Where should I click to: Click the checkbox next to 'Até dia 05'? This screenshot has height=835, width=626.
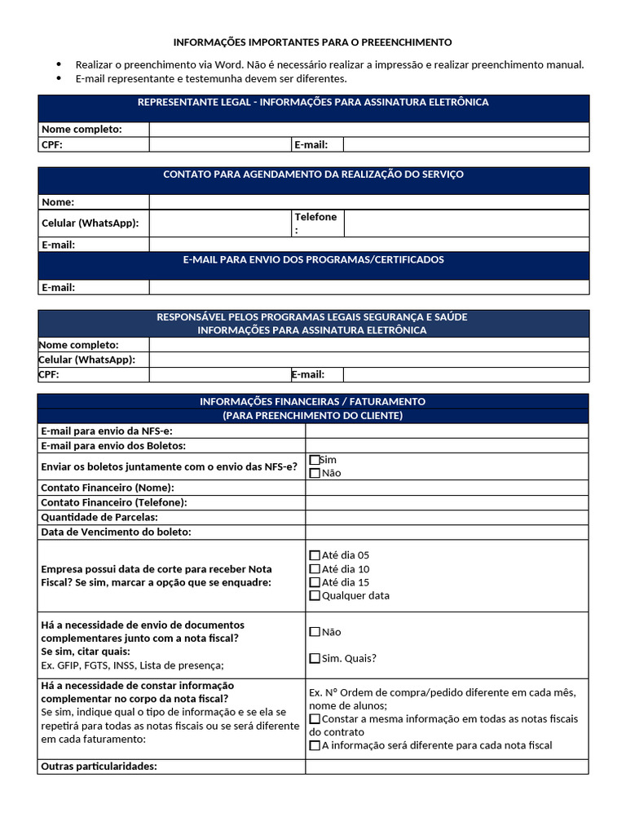[315, 555]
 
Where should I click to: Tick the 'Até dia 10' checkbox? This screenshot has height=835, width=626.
[315, 569]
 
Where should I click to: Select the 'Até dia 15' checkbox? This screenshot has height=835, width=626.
[315, 582]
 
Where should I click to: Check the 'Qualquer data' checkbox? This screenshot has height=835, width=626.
[315, 596]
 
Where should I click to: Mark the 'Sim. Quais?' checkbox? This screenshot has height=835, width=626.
[315, 659]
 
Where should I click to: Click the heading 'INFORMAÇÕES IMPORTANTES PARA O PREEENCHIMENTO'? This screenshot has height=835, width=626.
[312, 42]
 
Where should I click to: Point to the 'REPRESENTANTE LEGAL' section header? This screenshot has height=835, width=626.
[313, 103]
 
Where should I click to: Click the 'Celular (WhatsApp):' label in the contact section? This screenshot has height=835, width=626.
[90, 223]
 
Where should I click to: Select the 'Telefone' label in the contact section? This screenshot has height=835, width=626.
[315, 217]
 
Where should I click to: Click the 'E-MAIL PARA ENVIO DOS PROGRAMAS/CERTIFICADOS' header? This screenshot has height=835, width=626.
[313, 259]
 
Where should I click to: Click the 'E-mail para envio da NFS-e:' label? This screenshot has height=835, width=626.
[107, 431]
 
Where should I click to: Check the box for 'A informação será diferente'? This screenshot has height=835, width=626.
[315, 745]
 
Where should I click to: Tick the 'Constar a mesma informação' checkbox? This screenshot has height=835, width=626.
[315, 719]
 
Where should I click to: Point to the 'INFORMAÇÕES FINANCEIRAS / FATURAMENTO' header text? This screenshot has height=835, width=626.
[313, 402]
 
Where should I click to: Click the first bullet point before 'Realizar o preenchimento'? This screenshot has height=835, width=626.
[59, 64]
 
